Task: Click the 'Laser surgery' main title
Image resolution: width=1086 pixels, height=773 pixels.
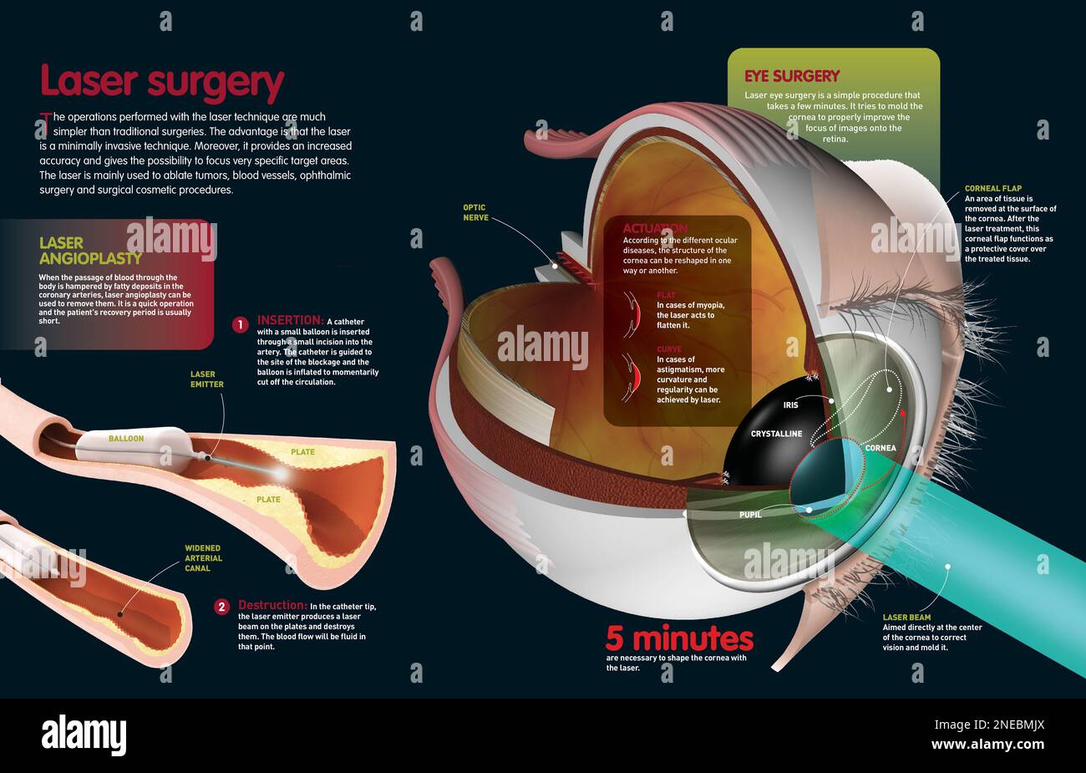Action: [x=162, y=83]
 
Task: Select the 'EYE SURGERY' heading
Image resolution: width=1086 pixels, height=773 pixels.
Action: [x=792, y=76]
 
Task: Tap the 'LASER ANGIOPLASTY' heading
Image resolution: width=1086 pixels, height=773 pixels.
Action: [x=90, y=251]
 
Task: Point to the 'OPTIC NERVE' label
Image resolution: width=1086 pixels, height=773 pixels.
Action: [x=474, y=212]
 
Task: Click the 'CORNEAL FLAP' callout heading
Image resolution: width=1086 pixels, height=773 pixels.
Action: [x=993, y=189]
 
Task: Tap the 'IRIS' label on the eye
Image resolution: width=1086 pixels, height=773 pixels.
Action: [x=790, y=404]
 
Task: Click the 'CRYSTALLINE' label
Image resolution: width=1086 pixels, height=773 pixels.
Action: [x=776, y=434]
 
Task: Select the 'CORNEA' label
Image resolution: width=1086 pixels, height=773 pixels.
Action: [x=880, y=448]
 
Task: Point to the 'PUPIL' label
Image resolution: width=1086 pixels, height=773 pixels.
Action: [x=750, y=515]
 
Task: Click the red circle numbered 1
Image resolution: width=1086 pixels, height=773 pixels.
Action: [x=240, y=324]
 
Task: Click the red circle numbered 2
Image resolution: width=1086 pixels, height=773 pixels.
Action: [x=221, y=607]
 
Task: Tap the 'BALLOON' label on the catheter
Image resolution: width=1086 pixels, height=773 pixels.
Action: [x=126, y=438]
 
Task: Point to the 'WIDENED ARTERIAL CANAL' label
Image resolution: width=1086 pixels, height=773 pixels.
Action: [x=203, y=558]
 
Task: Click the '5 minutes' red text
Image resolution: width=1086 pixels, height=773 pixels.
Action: [x=679, y=639]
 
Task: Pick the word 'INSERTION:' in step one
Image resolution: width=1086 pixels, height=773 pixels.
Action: [x=290, y=320]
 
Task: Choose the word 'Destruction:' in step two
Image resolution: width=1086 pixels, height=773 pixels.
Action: [x=272, y=605]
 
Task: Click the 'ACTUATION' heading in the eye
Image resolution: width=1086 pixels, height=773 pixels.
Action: [x=655, y=228]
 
